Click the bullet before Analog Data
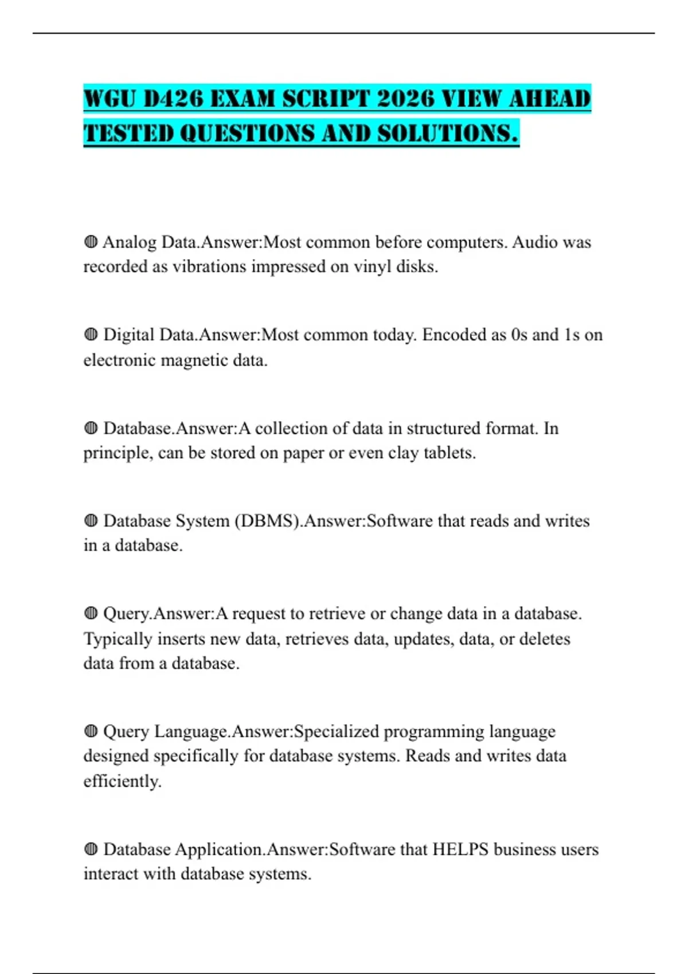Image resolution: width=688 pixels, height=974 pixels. [x=91, y=242]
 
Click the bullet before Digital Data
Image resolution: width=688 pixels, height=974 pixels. [x=91, y=335]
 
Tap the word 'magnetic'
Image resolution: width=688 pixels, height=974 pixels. [x=194, y=360]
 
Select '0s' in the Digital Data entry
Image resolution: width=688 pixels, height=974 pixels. [x=518, y=335]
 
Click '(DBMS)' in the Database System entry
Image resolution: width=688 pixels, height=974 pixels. [x=268, y=521]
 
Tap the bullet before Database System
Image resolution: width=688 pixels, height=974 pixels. [x=91, y=521]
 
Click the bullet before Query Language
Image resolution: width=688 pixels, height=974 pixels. [x=91, y=732]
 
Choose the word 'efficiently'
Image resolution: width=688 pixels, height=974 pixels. [x=122, y=781]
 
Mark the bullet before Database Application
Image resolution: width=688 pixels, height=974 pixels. [x=91, y=849]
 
